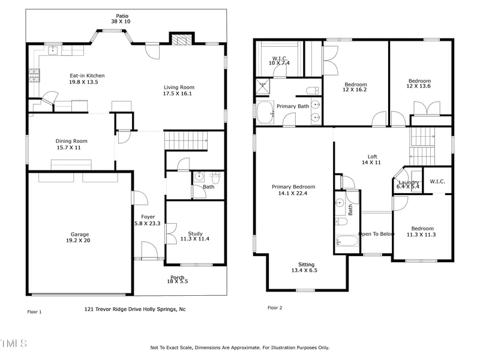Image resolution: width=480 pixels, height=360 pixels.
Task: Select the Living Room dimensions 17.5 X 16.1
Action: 179,94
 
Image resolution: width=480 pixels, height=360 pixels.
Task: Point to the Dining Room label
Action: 71,141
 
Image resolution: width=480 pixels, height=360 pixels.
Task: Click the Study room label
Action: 195,233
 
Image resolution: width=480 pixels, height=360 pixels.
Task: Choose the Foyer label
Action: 148,217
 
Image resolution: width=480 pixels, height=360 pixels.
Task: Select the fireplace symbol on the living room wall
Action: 180,40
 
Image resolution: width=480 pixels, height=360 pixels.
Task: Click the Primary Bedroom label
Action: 293,187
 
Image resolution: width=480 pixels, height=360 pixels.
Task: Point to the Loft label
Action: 372,156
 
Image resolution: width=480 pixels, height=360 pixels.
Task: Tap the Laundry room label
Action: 409,182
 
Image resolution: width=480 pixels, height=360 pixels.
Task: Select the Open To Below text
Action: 376,234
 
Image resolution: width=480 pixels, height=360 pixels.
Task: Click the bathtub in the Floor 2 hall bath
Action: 347,241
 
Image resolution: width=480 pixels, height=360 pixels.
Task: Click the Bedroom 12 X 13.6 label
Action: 419,81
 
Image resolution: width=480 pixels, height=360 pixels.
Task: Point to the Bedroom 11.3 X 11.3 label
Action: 422,228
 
